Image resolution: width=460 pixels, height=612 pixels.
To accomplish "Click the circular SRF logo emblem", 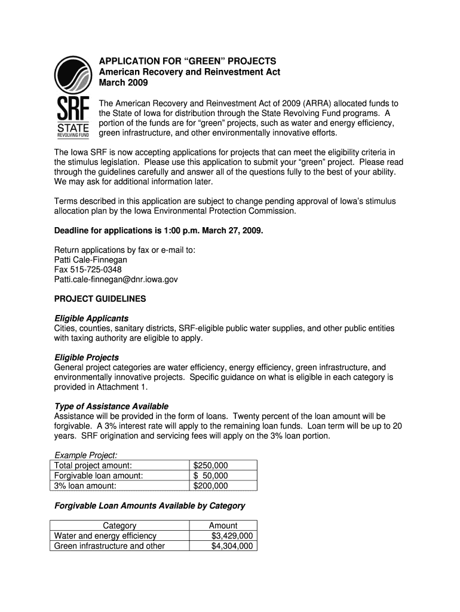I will click(73, 76).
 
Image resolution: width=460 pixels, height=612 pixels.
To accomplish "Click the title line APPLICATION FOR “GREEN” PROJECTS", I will click(188, 62).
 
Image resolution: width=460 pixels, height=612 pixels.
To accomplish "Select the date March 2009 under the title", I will click(123, 82).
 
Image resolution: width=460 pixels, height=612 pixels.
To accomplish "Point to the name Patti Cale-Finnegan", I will click(91, 260).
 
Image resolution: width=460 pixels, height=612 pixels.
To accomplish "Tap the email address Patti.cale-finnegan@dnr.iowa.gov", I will click(116, 279).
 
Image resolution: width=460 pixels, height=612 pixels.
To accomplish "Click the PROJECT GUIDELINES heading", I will click(100, 298).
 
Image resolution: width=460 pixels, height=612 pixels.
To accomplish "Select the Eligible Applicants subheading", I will click(91, 318).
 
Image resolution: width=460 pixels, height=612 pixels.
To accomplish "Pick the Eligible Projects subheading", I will click(87, 357).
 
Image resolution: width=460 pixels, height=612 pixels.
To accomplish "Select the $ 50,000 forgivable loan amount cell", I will click(211, 476).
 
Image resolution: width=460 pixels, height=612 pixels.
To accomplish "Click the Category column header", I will click(119, 526).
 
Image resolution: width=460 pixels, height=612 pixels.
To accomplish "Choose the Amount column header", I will click(223, 526).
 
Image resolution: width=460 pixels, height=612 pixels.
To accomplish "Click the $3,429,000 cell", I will click(232, 536).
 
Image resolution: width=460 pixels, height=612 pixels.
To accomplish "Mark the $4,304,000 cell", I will click(232, 546).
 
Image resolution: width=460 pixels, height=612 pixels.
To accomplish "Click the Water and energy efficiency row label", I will click(105, 536).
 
